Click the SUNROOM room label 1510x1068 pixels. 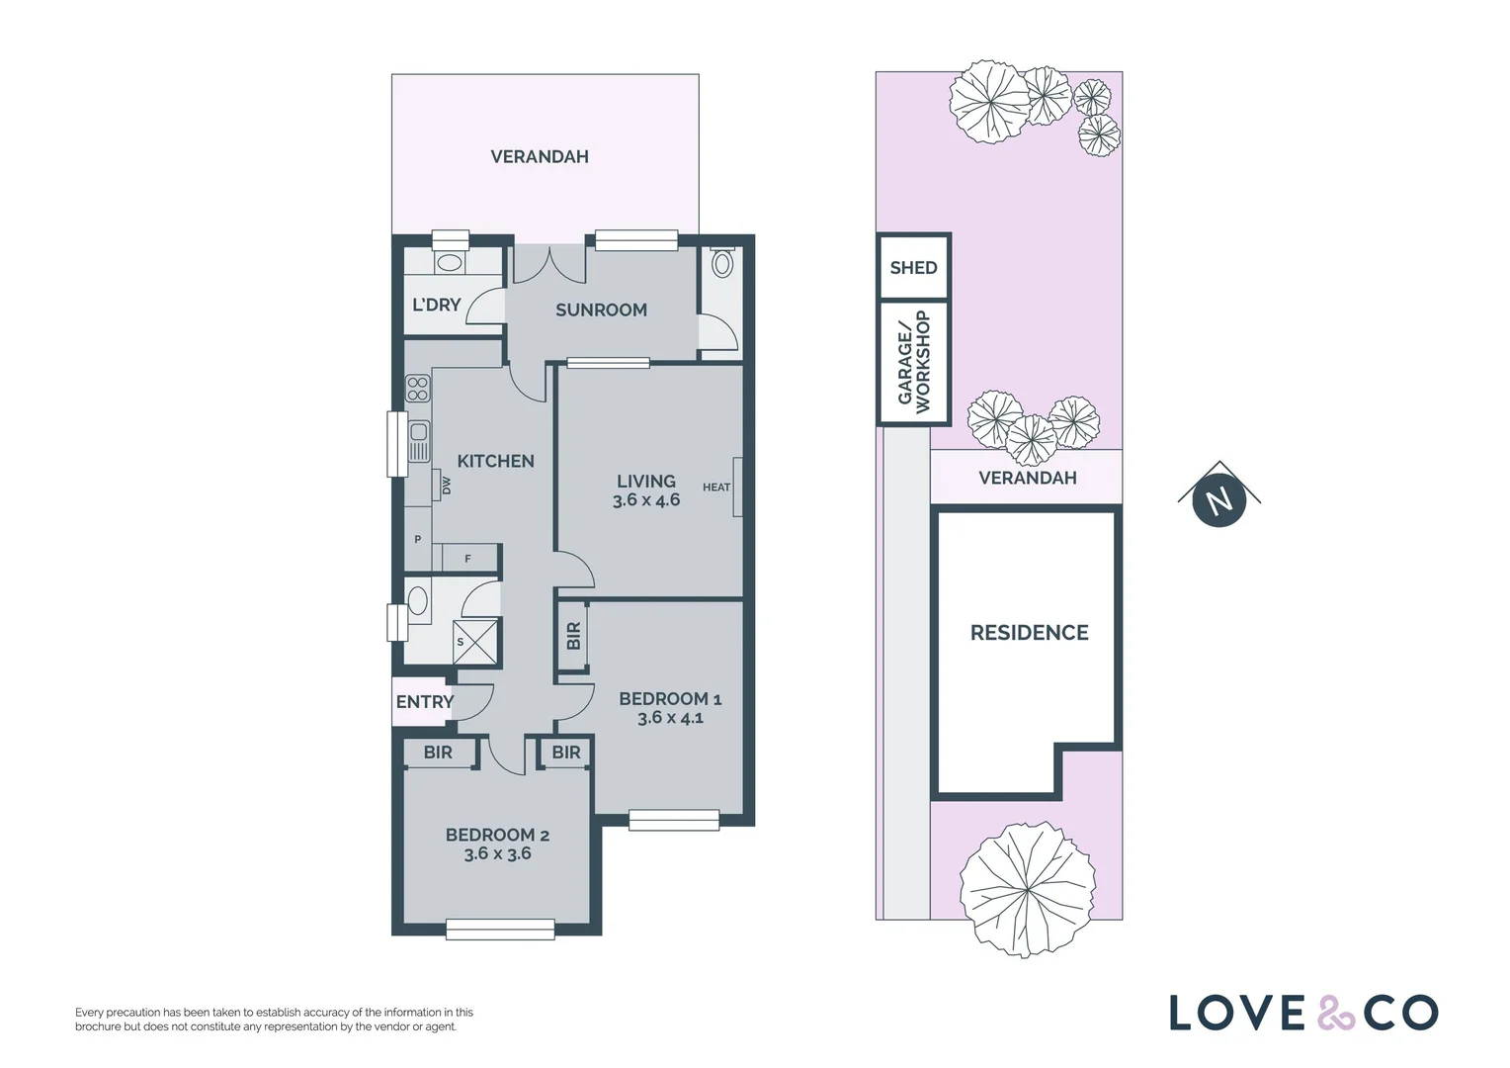(601, 310)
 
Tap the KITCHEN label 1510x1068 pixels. (495, 461)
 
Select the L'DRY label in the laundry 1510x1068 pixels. (436, 305)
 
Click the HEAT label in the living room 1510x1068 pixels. (716, 488)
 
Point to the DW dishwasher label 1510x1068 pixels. (447, 486)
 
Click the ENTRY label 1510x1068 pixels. (424, 701)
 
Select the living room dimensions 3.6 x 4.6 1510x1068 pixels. (646, 500)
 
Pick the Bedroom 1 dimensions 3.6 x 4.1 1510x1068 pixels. (670, 718)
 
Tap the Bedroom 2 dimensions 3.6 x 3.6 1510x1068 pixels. (497, 853)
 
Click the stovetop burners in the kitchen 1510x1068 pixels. (417, 389)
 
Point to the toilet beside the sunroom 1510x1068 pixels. (722, 264)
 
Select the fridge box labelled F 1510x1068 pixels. (468, 559)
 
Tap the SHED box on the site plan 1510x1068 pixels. (913, 267)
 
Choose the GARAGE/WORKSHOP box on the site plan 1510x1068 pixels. (914, 362)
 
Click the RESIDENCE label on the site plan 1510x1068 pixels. (1029, 633)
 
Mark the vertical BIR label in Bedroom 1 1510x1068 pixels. (573, 636)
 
